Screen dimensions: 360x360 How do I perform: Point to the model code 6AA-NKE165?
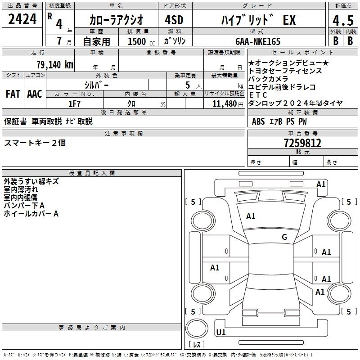pyautogui.click(x=258, y=41)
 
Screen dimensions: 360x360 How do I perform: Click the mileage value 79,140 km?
pyautogui.click(x=54, y=64)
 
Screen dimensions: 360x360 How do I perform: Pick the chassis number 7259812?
pyautogui.click(x=302, y=143)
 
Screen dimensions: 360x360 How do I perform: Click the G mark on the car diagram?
pyautogui.click(x=284, y=237)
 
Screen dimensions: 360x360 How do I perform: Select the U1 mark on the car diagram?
pyautogui.click(x=221, y=333)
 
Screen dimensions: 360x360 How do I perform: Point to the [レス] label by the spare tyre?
pyautogui.click(x=197, y=345)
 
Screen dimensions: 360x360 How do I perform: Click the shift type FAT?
pyautogui.click(x=13, y=94)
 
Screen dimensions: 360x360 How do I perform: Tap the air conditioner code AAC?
pyautogui.click(x=35, y=94)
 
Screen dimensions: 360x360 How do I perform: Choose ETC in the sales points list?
pyautogui.click(x=258, y=95)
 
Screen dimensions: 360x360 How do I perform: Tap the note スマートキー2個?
pyautogui.click(x=35, y=143)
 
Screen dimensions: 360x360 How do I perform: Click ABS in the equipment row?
pyautogui.click(x=258, y=121)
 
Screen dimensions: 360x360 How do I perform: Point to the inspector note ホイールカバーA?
pyautogui.click(x=31, y=214)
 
